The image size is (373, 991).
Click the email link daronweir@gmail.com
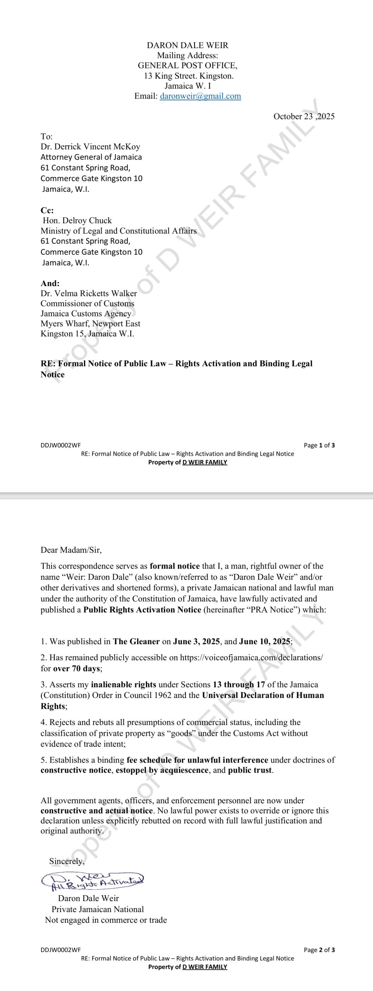pos(200,96)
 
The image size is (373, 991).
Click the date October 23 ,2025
pos(304,117)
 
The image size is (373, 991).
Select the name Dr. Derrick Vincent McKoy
pos(90,147)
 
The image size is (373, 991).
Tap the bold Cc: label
pos(47,211)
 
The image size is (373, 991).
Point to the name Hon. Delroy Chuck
pos(77,221)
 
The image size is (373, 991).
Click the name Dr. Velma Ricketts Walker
pos(89,293)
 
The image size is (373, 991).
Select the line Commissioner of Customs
pos(88,303)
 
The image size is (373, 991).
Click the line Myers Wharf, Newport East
pos(90,324)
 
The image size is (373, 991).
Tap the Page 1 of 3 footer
pos(319,445)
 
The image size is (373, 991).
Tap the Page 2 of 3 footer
pos(319,950)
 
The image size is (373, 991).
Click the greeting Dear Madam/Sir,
pos(71,550)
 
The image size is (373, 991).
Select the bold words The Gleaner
pos(136,641)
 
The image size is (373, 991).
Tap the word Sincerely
pos(66,861)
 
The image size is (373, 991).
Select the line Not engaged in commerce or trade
pos(106,920)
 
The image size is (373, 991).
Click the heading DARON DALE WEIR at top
pos(187,45)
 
